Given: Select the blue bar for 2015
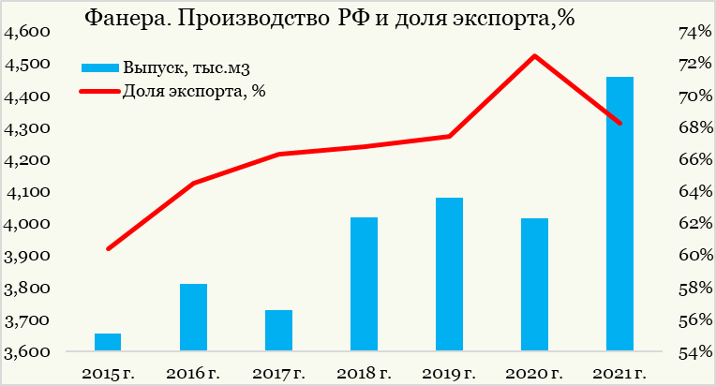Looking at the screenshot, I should coord(108,342).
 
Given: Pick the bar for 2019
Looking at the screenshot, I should coord(449,275).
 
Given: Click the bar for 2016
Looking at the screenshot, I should coord(193,318).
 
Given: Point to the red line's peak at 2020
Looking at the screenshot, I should coord(534,56).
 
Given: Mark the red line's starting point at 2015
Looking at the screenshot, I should coord(109,249).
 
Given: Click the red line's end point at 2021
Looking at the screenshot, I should coord(619,123).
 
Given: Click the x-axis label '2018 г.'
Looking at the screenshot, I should coord(364,375).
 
